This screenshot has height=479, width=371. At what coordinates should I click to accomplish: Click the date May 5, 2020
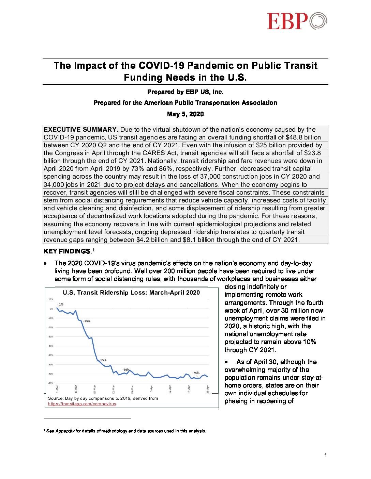tap(185, 114)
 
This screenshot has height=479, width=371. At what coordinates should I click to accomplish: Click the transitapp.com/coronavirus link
tap(82, 404)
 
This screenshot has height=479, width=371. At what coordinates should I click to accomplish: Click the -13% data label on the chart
tap(87, 321)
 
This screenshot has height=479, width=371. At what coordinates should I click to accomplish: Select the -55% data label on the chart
tap(103, 360)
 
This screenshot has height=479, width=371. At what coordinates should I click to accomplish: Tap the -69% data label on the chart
tap(126, 369)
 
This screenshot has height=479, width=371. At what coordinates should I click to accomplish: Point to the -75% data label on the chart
tap(195, 373)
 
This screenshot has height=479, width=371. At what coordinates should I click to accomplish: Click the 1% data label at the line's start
tap(61, 304)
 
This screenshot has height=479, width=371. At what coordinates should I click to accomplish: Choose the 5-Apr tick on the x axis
tap(151, 388)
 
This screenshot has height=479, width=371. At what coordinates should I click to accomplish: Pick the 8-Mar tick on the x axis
tap(76, 388)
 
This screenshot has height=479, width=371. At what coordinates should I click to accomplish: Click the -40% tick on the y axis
tap(50, 346)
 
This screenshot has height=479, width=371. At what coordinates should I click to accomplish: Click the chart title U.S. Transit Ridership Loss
tap(131, 293)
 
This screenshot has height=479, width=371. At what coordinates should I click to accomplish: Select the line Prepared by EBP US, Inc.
tap(185, 92)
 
